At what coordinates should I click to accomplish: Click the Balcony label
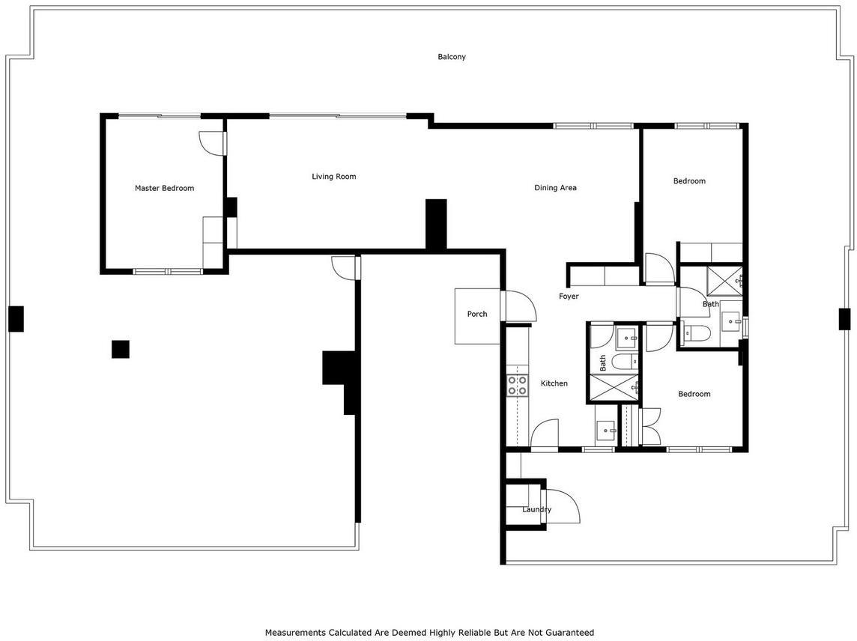pyautogui.click(x=452, y=57)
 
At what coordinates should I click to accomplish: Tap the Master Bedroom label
pyautogui.click(x=165, y=188)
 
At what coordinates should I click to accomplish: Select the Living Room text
pyautogui.click(x=334, y=177)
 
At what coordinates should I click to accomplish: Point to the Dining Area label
pyautogui.click(x=555, y=188)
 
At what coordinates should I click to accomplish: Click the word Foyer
pyautogui.click(x=569, y=297)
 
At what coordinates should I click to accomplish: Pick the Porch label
pyautogui.click(x=477, y=314)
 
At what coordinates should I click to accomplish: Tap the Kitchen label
pyautogui.click(x=554, y=383)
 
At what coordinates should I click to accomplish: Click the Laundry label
pyautogui.click(x=536, y=509)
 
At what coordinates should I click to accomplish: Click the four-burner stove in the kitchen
pyautogui.click(x=517, y=385)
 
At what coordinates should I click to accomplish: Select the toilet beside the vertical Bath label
pyautogui.click(x=626, y=361)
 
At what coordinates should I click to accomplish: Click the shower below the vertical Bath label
pyautogui.click(x=614, y=388)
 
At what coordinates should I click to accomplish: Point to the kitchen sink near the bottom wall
pyautogui.click(x=605, y=431)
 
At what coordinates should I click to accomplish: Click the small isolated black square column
pyautogui.click(x=121, y=349)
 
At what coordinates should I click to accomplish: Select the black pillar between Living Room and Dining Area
pyautogui.click(x=436, y=224)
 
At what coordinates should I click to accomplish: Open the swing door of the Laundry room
pyautogui.click(x=563, y=506)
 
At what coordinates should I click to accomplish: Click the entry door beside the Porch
pyautogui.click(x=521, y=306)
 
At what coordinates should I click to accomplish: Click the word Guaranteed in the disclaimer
pyautogui.click(x=570, y=633)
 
